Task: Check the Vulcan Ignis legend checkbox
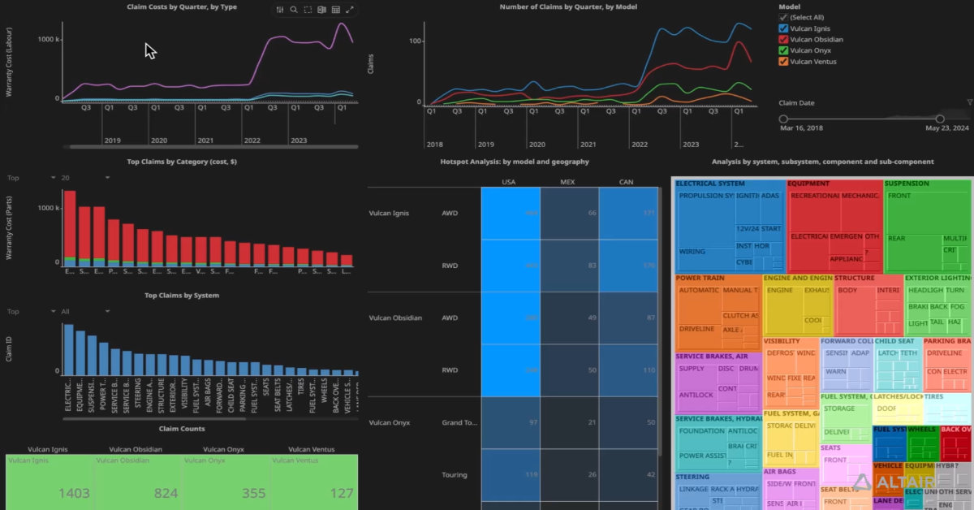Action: tap(783, 28)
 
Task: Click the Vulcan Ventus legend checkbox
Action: tap(783, 61)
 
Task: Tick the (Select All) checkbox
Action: tap(783, 17)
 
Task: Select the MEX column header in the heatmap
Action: tap(569, 182)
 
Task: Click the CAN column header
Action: tap(627, 182)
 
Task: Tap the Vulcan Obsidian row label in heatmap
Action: tap(395, 318)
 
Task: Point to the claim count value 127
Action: tap(341, 493)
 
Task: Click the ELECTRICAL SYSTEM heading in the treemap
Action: tap(710, 184)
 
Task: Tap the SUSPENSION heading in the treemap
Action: tap(907, 184)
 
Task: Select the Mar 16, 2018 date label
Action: tap(801, 128)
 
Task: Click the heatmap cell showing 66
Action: tap(569, 213)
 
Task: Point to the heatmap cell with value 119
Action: tap(511, 474)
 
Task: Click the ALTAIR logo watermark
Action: tap(908, 482)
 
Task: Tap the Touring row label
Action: tap(455, 474)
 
